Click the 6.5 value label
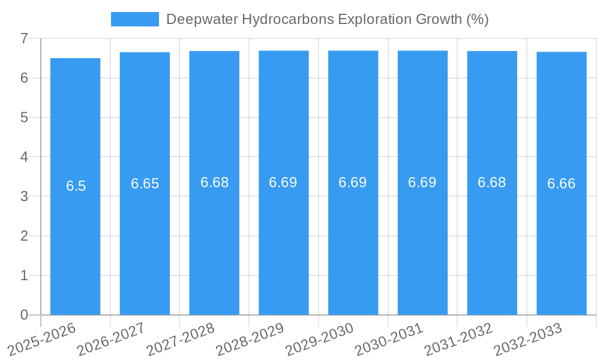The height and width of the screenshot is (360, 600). (x=76, y=186)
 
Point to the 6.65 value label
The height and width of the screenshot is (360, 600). (x=145, y=184)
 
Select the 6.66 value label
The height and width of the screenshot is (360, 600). (x=562, y=184)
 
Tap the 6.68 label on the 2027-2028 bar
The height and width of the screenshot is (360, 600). (x=215, y=182)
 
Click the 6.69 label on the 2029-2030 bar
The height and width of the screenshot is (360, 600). (x=353, y=182)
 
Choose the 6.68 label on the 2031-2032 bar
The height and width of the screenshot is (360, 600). (x=492, y=182)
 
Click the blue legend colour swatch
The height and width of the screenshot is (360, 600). (x=135, y=19)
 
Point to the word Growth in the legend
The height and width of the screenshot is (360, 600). (x=439, y=19)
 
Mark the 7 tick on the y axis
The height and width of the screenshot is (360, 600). (x=24, y=38)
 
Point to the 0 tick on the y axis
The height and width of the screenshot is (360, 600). (x=24, y=315)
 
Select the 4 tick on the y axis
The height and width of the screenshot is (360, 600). (x=24, y=157)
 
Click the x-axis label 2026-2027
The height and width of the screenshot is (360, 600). (x=110, y=340)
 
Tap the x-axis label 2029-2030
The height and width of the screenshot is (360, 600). (x=319, y=340)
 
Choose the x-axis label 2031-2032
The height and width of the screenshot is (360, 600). (x=458, y=340)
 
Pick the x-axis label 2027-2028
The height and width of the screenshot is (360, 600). (x=180, y=340)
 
